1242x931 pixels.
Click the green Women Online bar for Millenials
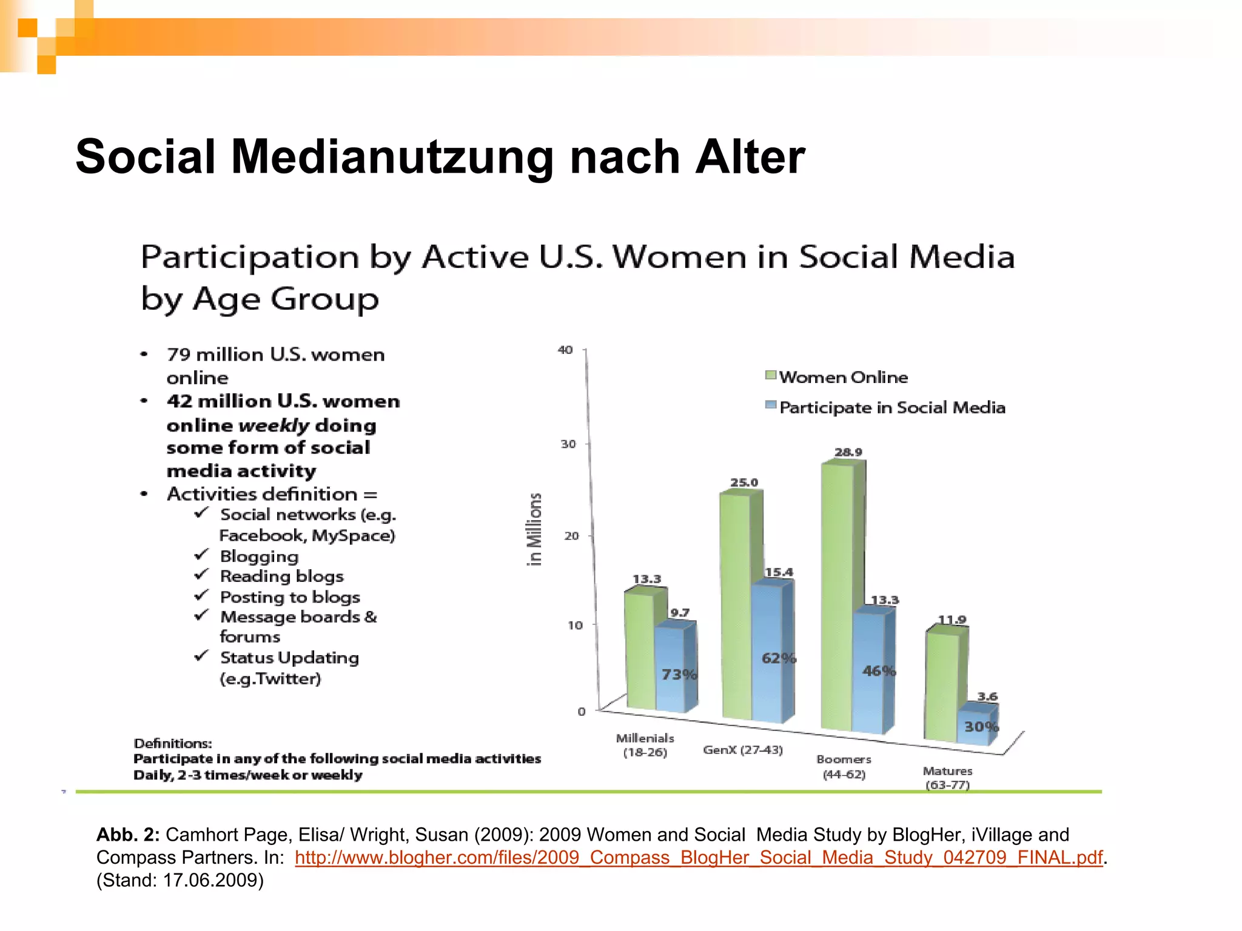pos(640,652)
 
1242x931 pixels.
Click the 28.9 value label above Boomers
pos(848,452)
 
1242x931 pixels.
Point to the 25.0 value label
pos(744,482)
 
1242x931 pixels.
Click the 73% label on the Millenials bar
pos(679,675)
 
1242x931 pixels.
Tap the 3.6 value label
pos(987,696)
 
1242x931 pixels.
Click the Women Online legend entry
pos(843,377)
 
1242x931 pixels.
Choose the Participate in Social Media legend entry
pos(891,407)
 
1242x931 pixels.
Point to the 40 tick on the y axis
pos(565,350)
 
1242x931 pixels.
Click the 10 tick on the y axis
pos(575,625)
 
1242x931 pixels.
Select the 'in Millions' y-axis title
pos(534,529)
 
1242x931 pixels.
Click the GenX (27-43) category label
pos(743,750)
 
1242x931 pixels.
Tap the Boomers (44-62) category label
pos(844,767)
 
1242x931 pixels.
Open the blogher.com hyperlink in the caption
pos(699,857)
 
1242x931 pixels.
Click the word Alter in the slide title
pos(750,156)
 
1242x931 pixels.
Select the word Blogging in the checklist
pos(259,556)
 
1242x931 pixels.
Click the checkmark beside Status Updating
pos(202,656)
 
